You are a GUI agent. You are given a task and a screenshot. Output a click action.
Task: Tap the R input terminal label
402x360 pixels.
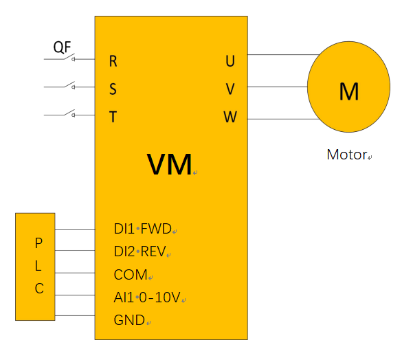[113, 61]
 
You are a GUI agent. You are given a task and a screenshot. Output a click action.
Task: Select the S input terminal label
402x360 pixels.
[113, 89]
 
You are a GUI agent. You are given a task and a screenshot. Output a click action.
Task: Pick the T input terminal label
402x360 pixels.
[113, 117]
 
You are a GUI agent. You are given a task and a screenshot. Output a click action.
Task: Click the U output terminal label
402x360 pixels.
[230, 61]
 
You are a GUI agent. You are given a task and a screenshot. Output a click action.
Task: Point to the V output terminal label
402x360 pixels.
[230, 89]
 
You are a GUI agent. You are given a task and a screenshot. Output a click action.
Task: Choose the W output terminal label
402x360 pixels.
[230, 117]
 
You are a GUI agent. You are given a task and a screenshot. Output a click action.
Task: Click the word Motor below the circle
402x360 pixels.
[346, 155]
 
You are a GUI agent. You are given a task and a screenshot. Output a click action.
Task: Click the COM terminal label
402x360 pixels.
[131, 275]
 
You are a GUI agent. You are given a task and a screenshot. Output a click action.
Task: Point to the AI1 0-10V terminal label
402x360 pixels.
[147, 297]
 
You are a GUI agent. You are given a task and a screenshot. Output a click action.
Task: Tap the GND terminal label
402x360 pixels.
[129, 320]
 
